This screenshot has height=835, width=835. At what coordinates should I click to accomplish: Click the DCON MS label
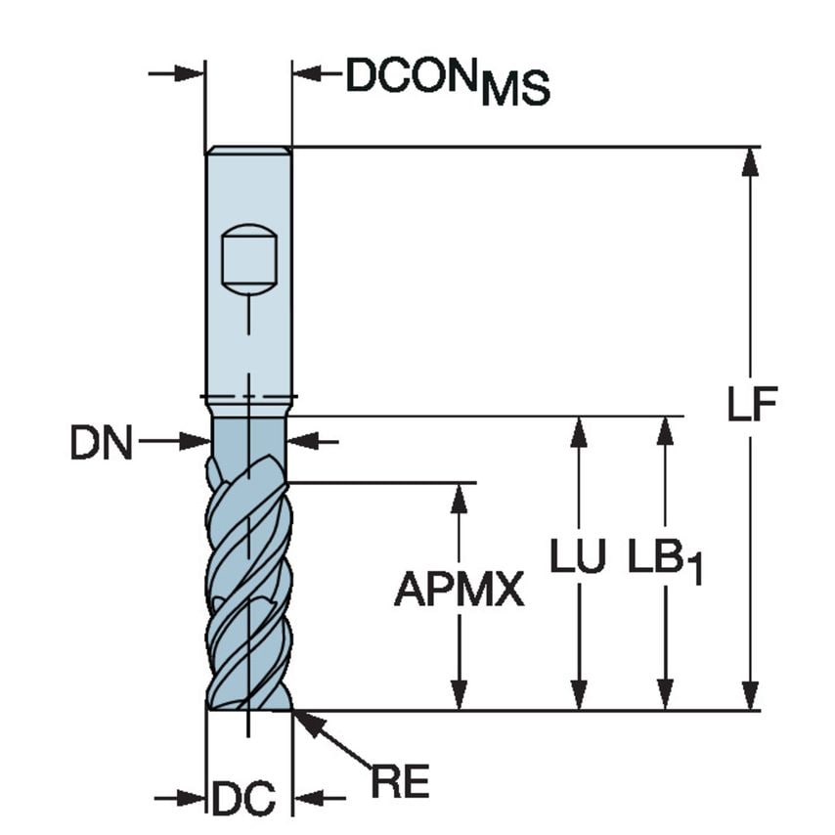pos(448,81)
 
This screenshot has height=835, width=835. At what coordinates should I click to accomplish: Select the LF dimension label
pos(751,404)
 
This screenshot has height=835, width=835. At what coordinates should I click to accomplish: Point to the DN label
pos(100,444)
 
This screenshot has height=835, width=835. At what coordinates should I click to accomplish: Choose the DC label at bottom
pos(244,799)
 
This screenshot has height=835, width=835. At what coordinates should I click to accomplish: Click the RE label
pos(400,781)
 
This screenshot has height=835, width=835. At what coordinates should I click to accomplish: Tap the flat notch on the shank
pos(248,258)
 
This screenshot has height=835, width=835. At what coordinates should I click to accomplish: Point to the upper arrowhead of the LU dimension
pos(579,431)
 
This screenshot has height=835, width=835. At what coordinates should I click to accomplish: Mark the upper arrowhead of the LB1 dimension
pos(666,431)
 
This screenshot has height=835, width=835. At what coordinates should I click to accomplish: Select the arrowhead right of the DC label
pos(309,799)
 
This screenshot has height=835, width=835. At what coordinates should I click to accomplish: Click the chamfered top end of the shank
pos(248,151)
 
